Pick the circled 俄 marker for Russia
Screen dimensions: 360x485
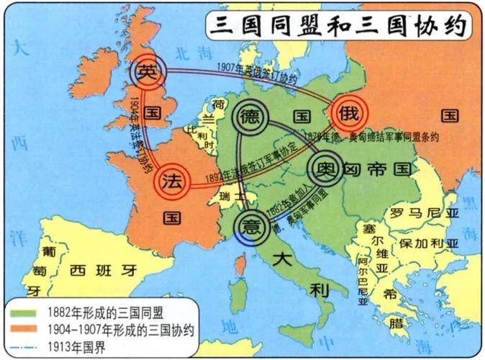coord(349,112)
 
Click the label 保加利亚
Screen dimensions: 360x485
coord(429,243)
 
